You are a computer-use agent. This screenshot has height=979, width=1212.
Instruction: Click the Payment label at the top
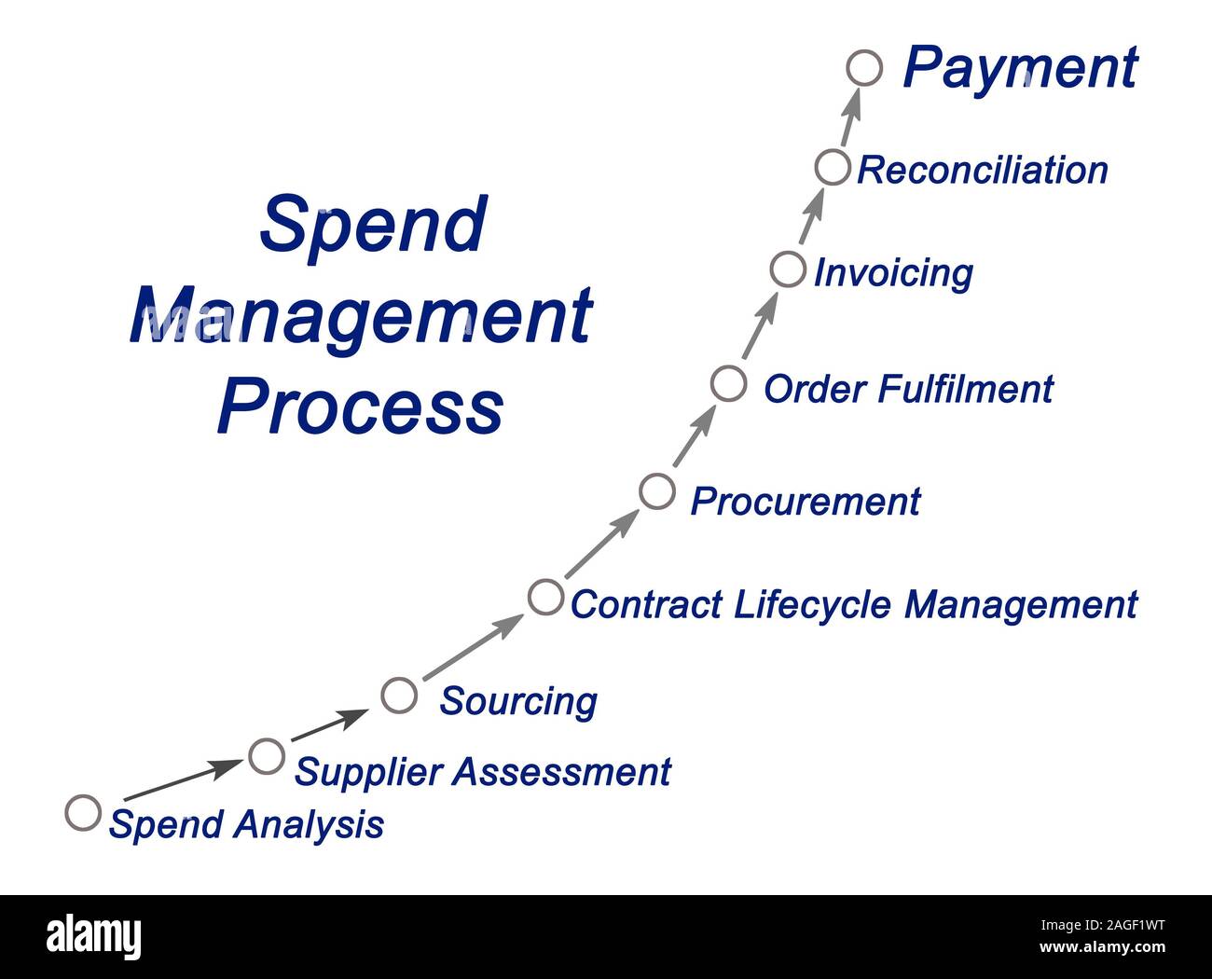tap(1020, 68)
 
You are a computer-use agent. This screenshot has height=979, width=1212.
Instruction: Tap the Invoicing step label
tap(893, 273)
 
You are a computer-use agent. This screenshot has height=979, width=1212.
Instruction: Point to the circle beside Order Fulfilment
tap(728, 383)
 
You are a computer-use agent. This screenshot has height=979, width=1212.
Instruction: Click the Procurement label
tap(805, 502)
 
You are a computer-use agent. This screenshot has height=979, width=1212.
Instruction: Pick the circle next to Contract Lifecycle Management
tap(545, 597)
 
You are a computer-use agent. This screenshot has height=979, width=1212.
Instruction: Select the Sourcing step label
tap(518, 701)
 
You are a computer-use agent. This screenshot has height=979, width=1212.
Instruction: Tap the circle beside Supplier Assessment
tap(267, 755)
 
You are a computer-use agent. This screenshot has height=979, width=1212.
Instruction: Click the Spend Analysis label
tap(246, 824)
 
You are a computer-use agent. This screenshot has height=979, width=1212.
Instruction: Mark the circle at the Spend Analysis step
tap(83, 812)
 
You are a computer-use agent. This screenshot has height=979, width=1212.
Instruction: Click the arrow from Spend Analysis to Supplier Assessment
tap(182, 780)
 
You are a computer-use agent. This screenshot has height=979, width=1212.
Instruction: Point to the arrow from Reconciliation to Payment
tap(849, 117)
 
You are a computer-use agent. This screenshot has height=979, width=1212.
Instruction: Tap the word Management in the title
tap(360, 317)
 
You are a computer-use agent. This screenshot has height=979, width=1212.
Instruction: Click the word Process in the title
tap(360, 407)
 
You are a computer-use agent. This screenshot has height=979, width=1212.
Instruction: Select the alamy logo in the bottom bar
tap(94, 936)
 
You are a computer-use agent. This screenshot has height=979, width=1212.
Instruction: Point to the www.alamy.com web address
tap(1102, 947)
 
